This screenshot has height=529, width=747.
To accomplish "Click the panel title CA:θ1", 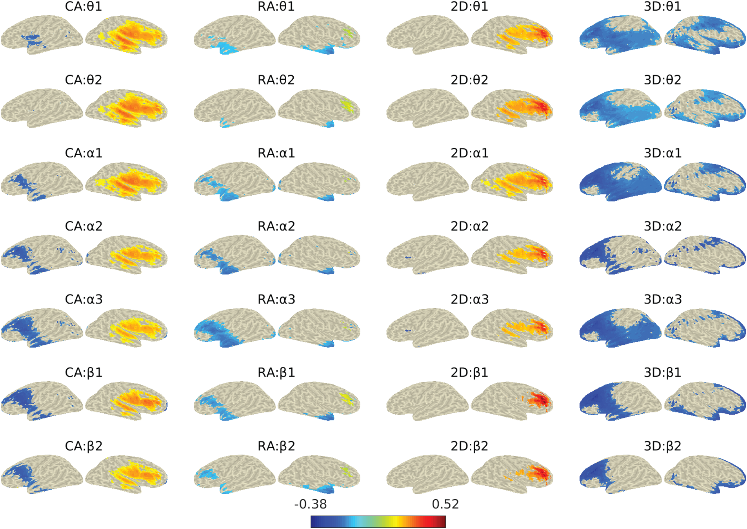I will point(83,7).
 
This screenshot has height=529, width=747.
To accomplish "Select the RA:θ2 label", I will point(276,80).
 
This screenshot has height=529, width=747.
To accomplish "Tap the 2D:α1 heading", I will point(469,153).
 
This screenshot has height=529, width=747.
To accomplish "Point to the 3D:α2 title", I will point(662,227).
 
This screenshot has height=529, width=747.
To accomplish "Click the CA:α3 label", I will point(84,300).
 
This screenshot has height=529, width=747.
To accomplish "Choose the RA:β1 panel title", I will point(276,373).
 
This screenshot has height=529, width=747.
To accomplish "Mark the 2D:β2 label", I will point(469,446).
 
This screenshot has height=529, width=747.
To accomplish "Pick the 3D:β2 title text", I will point(662,446).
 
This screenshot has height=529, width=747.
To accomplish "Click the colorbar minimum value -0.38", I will point(310,504).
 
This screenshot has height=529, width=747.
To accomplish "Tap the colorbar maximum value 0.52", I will point(445,504).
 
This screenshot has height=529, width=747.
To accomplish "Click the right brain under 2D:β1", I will point(512,401).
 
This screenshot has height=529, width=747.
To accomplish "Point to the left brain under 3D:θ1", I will point(620,35).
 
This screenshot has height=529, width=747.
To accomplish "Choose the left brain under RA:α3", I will point(234,328).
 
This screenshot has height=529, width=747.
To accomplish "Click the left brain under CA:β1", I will point(42,401).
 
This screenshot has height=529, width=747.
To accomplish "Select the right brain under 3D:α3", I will point(705,328).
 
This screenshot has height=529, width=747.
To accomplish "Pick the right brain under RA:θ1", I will point(319,35).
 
